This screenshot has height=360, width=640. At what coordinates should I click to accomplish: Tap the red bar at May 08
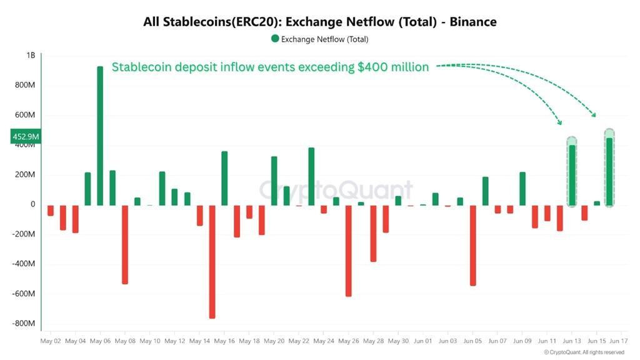pos(125,244)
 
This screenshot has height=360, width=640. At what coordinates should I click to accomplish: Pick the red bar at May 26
pos(348,250)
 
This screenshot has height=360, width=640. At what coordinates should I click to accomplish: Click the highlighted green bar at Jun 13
pos(571,175)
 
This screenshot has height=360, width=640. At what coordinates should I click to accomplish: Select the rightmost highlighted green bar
pos(609,171)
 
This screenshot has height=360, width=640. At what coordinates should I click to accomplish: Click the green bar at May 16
pos(224,178)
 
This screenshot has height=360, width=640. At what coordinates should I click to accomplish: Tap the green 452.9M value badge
pos(26,137)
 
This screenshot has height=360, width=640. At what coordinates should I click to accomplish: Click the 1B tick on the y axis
pos(31,55)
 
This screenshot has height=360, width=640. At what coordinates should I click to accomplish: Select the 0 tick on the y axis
pos(33,204)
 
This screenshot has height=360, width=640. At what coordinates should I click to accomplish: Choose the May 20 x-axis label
pos(274,341)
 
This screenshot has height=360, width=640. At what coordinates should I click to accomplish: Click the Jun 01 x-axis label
pos(423,341)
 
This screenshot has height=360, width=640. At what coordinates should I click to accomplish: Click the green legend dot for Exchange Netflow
pos(275,39)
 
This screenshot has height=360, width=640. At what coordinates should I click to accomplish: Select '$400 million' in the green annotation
pos(393,67)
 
